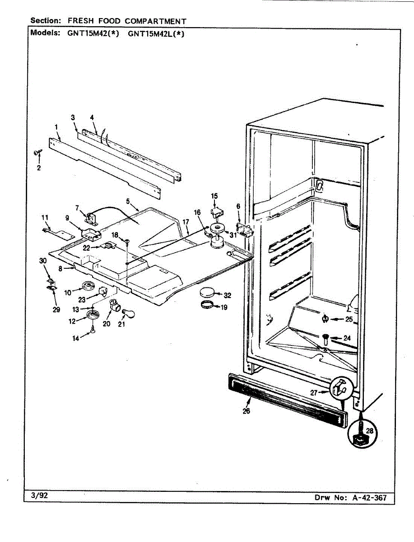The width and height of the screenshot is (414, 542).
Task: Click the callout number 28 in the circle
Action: [x=370, y=431]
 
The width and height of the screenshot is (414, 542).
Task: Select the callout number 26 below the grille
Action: [x=246, y=411]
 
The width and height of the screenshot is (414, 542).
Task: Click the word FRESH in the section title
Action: [x=82, y=21]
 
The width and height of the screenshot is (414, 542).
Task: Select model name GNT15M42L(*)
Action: [x=156, y=33]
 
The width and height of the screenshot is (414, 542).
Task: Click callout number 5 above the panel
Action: [x=128, y=201]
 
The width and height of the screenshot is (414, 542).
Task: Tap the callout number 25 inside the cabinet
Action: [x=349, y=319]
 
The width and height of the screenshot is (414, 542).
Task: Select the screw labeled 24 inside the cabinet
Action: [x=326, y=337]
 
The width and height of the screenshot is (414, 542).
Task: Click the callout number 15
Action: [x=214, y=196]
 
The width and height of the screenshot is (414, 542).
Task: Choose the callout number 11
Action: [x=45, y=218]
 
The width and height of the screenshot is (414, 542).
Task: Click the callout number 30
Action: [x=43, y=261]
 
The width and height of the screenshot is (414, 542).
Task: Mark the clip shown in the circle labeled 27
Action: [x=340, y=387]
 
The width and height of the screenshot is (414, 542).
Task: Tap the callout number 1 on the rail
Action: [x=56, y=126]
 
